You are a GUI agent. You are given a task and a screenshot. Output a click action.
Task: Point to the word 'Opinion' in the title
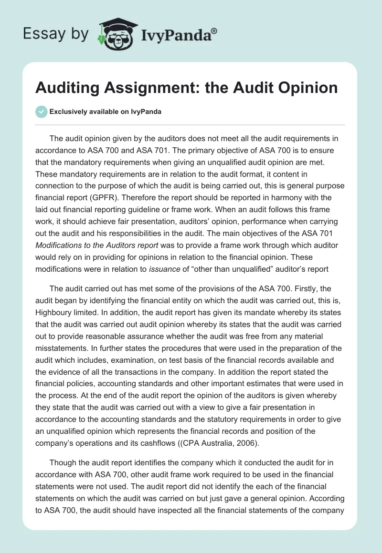(305, 88)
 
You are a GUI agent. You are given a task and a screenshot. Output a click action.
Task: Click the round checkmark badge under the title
(42, 112)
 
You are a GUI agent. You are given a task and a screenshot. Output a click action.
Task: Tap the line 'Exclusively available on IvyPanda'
(106, 112)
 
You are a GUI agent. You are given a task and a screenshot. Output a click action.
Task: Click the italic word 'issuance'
(165, 269)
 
